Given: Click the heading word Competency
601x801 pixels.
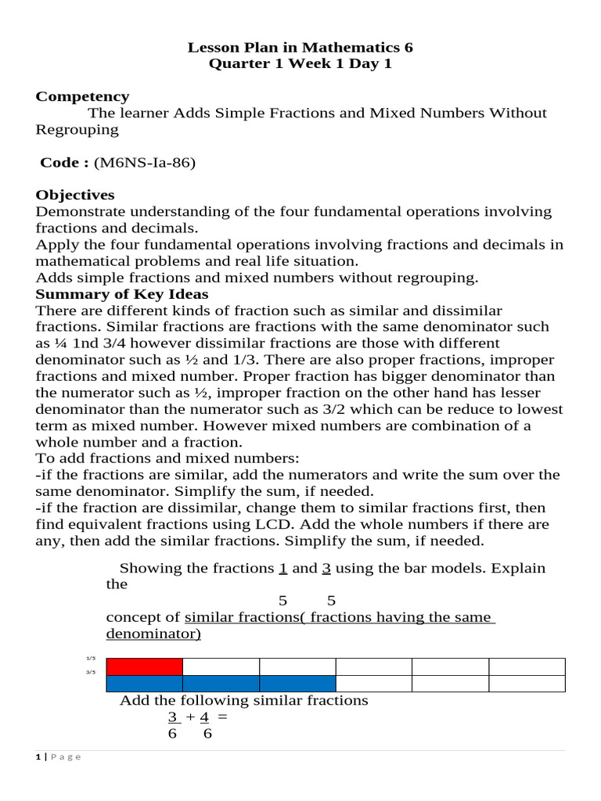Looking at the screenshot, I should coord(82,96).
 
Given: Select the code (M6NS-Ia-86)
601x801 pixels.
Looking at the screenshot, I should coord(144,162).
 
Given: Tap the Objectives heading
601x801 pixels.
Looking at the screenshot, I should coord(75,195).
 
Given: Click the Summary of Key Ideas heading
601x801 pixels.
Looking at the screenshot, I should coord(122,294).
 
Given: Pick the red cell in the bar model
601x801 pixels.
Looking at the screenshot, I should coord(144,666).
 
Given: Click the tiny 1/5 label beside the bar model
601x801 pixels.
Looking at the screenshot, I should coord(90,659).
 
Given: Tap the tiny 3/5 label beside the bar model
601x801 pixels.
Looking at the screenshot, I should coord(90,672).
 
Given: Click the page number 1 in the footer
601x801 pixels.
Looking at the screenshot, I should coord(38,757).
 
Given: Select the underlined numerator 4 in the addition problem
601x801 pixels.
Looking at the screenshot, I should coord(204,717).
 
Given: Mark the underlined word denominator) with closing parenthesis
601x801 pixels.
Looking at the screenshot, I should coord(153,634).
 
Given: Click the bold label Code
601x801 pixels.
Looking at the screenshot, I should coord(64,162).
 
